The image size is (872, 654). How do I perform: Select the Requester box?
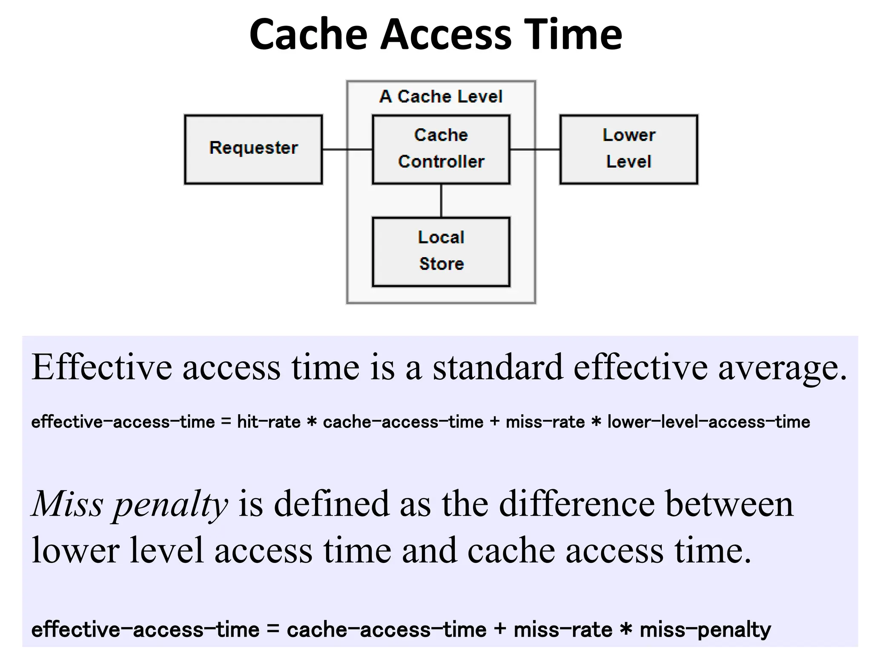pyautogui.click(x=253, y=149)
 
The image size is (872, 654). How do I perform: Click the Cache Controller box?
pyautogui.click(x=441, y=149)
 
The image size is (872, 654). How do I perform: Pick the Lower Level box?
pyautogui.click(x=628, y=149)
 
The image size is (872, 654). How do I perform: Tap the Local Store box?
pyautogui.click(x=441, y=252)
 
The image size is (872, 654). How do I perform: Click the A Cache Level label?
pyautogui.click(x=441, y=97)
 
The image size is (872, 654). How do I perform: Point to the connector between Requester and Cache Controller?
pyautogui.click(x=347, y=149)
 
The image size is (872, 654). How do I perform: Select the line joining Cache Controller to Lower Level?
pyautogui.click(x=535, y=149)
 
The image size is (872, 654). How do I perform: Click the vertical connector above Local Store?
pyautogui.click(x=441, y=201)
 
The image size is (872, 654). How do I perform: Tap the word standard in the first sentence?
pyautogui.click(x=497, y=367)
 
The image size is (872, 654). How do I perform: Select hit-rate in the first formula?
pyautogui.click(x=269, y=422)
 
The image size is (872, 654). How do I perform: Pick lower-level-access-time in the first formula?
pyautogui.click(x=708, y=422)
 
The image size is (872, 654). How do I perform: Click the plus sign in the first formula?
pyautogui.click(x=494, y=422)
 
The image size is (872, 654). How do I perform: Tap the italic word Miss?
pyautogui.click(x=68, y=504)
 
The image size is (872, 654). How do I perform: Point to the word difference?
pyautogui.click(x=577, y=504)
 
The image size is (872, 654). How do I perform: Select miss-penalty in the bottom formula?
pyautogui.click(x=705, y=630)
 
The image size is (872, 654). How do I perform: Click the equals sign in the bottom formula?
pyautogui.click(x=273, y=630)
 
